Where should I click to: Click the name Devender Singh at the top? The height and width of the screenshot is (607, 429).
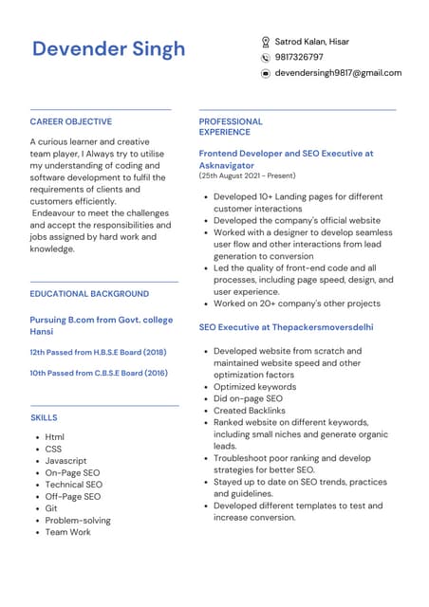click(x=108, y=49)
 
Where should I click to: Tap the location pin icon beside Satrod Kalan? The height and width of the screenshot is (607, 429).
click(x=266, y=42)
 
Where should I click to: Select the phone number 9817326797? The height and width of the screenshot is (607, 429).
click(x=299, y=57)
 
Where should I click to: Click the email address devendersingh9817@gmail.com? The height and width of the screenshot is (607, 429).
click(x=338, y=73)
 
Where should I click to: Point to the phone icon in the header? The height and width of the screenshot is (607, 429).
click(x=266, y=58)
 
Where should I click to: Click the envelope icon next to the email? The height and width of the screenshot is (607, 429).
click(x=266, y=73)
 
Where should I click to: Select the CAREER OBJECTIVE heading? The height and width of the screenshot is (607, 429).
click(x=70, y=121)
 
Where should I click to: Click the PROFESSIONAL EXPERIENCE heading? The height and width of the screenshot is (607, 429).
click(x=231, y=127)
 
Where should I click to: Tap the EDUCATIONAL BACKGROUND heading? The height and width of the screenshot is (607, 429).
click(x=89, y=294)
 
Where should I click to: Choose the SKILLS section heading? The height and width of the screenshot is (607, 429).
click(x=44, y=417)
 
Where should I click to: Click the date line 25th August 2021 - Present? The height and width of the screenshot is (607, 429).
click(x=247, y=175)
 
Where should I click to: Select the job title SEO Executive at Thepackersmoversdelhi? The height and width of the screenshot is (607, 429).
click(x=286, y=327)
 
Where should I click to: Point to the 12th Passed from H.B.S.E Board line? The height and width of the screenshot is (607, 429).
click(x=98, y=352)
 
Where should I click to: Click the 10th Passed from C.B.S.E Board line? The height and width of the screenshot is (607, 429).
click(x=99, y=373)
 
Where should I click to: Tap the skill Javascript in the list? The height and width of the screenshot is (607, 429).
click(x=66, y=461)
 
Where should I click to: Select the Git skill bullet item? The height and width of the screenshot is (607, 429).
click(x=51, y=508)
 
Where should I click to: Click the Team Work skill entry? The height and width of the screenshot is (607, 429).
click(x=68, y=532)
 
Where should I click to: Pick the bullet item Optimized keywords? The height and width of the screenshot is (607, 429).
click(x=254, y=387)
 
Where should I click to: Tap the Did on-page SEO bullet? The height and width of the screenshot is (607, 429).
click(x=248, y=398)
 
